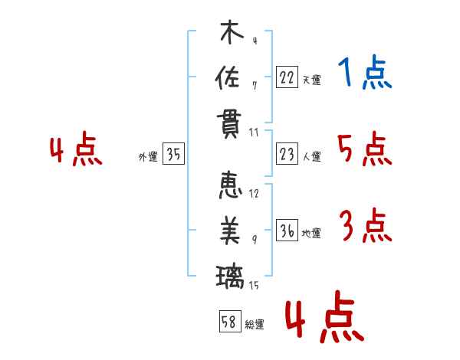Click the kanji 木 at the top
(232, 31)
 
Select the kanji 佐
(228, 77)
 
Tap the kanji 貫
(229, 125)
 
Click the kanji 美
(230, 230)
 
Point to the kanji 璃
(230, 277)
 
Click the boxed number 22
(287, 77)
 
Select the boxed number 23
(287, 154)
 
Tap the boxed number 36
(287, 230)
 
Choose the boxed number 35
(173, 153)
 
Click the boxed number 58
(230, 321)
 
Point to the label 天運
(312, 80)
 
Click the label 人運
(312, 156)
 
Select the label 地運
(311, 233)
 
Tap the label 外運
(148, 156)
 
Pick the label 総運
(255, 325)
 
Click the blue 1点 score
(365, 72)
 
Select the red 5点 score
(365, 149)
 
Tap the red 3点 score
(366, 225)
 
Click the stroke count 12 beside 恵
(254, 194)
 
